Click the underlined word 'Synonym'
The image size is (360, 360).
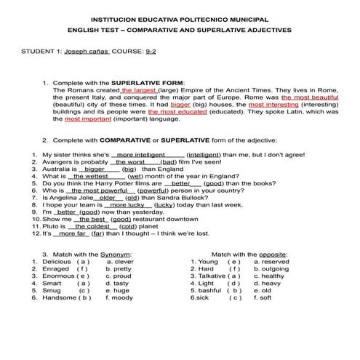(115, 254)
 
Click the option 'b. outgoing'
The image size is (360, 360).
(271, 268)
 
